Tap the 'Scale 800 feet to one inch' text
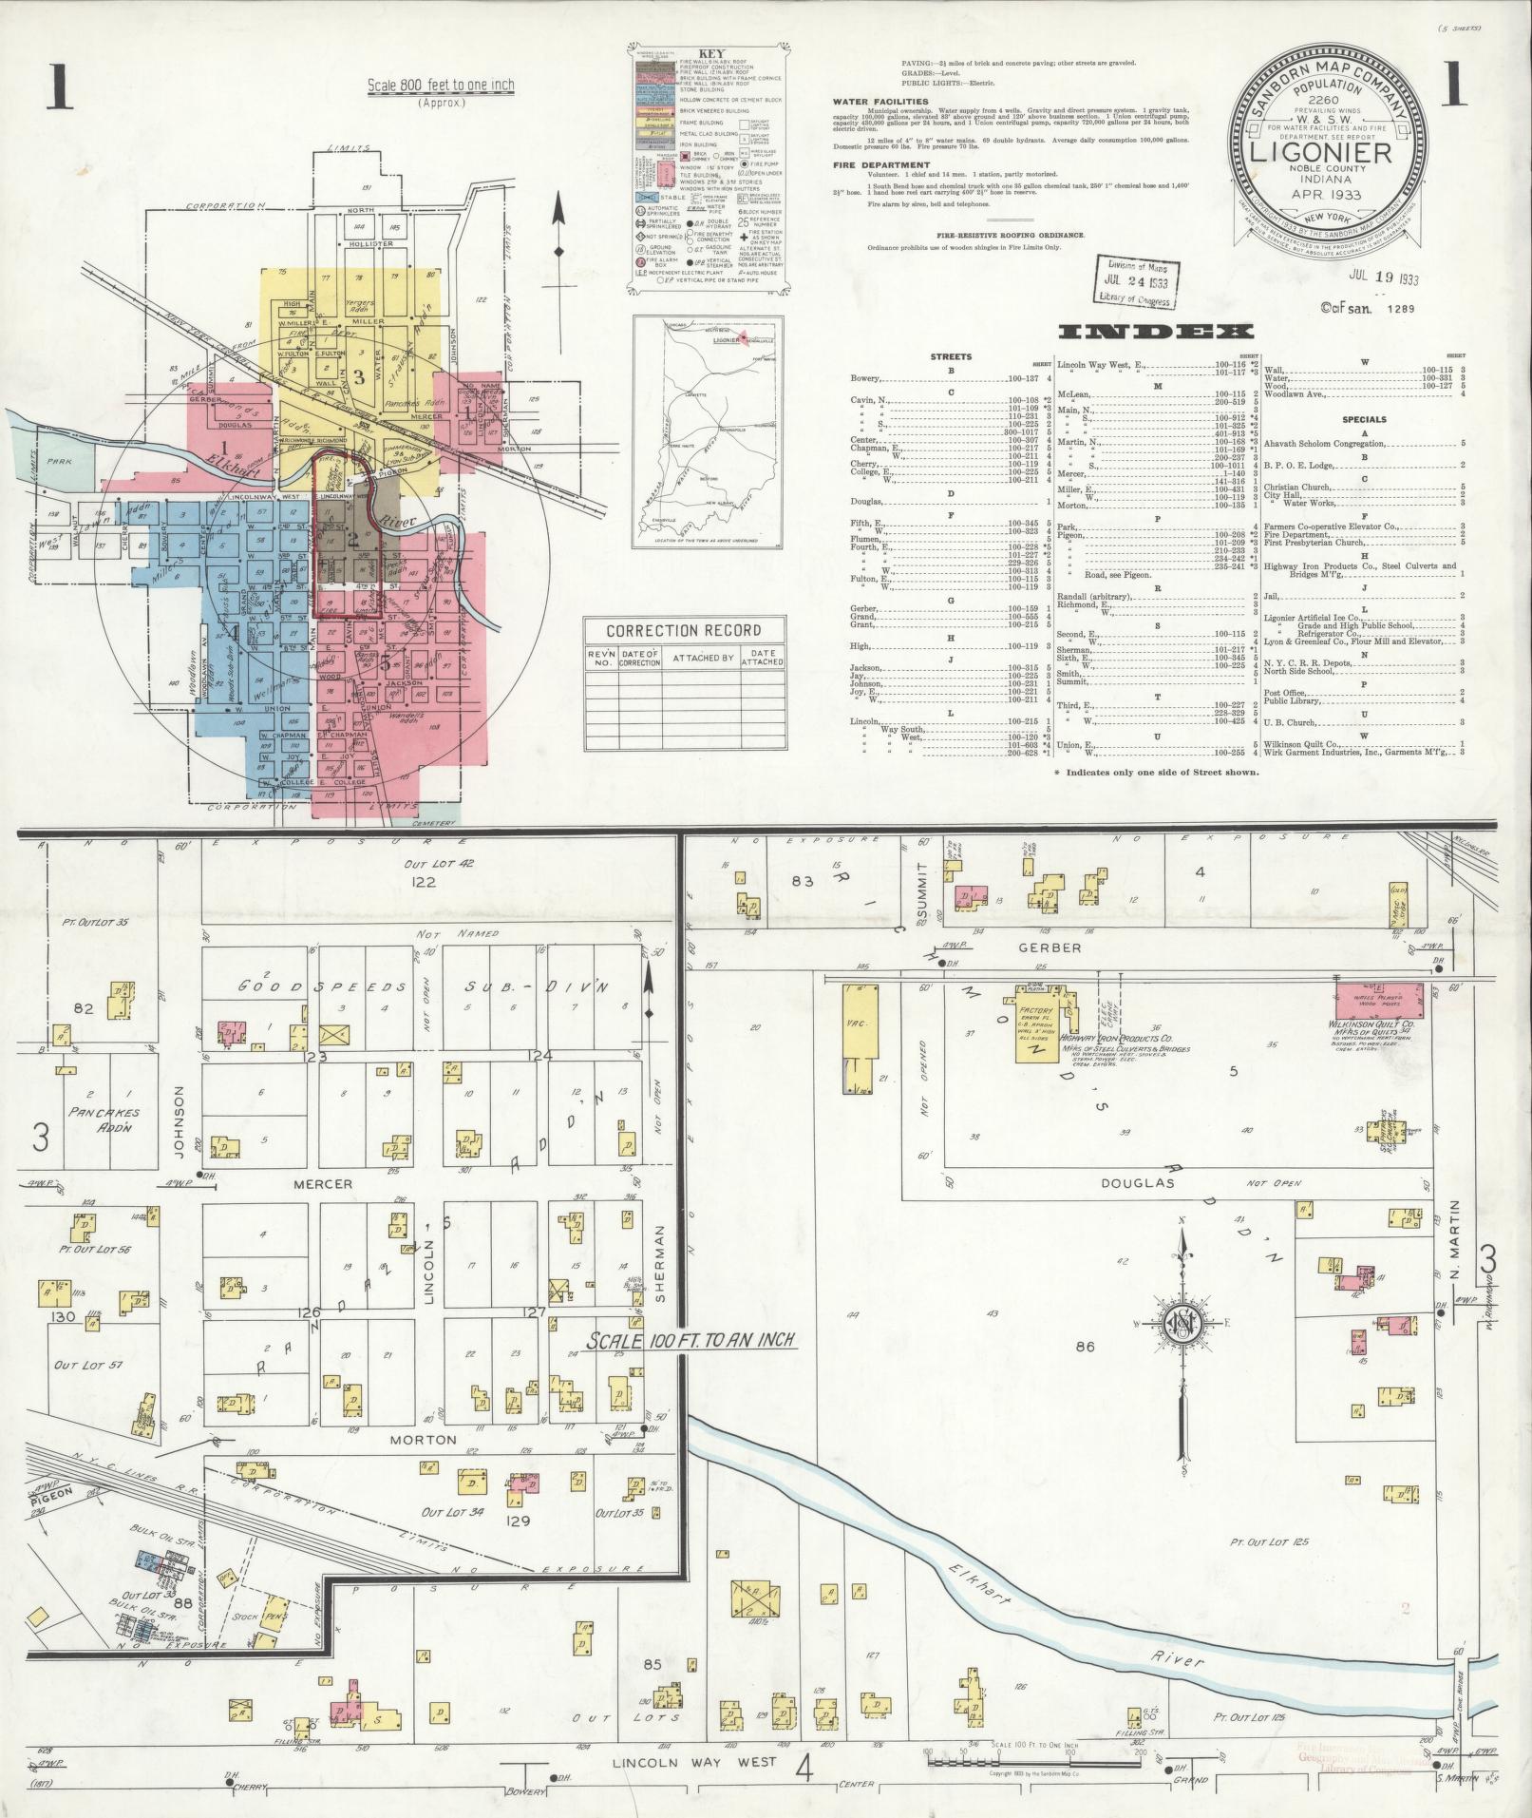click(x=441, y=86)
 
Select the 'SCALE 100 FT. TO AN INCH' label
click(x=690, y=1341)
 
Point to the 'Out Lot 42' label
click(x=424, y=864)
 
